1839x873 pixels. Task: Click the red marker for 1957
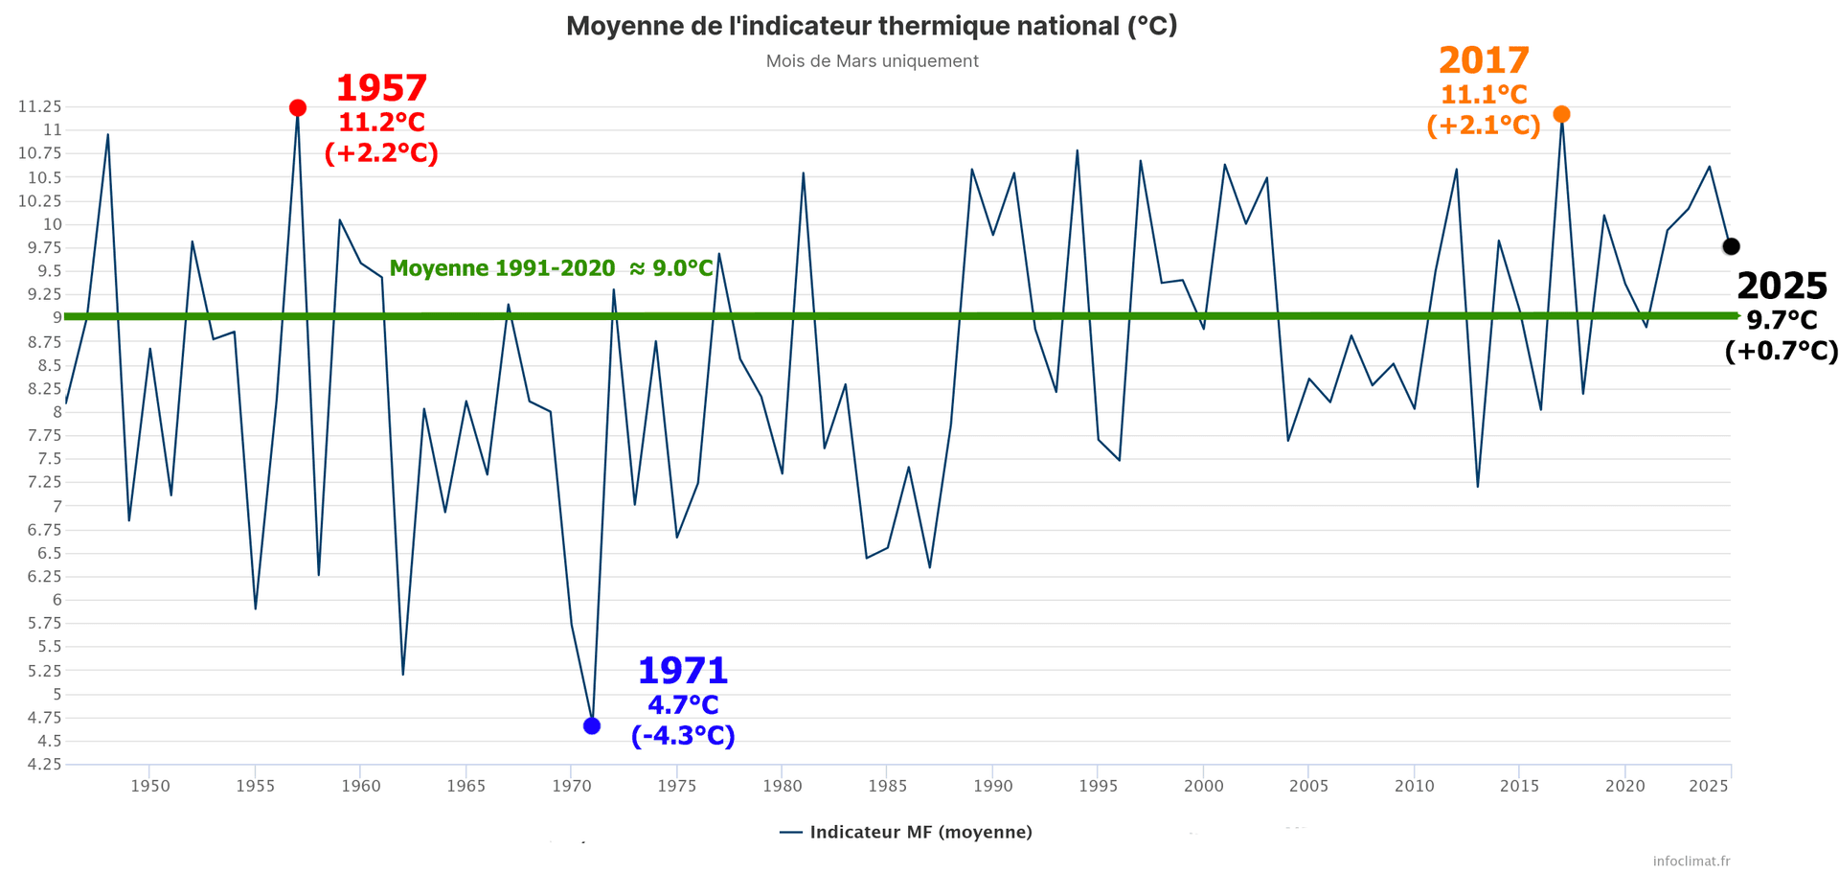[298, 108]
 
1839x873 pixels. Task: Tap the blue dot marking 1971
[592, 726]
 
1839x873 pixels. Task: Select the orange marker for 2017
[1561, 115]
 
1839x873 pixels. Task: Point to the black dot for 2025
[1731, 247]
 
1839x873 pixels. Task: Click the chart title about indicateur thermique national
[872, 26]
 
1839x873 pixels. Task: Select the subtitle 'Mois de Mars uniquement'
[872, 61]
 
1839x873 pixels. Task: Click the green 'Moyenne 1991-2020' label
[551, 268]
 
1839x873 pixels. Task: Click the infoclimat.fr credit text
[1691, 861]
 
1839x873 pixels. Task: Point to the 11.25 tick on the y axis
[39, 106]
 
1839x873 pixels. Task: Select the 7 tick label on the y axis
[57, 506]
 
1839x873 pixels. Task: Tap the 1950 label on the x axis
[150, 786]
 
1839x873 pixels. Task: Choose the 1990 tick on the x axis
[993, 786]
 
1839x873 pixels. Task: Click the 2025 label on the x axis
[1709, 786]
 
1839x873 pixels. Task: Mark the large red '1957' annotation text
[381, 89]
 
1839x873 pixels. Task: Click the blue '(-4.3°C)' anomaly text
[683, 736]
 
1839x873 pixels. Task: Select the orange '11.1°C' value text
[1484, 95]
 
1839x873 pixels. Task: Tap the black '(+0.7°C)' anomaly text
[1782, 351]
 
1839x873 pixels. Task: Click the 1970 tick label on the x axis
[572, 786]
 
